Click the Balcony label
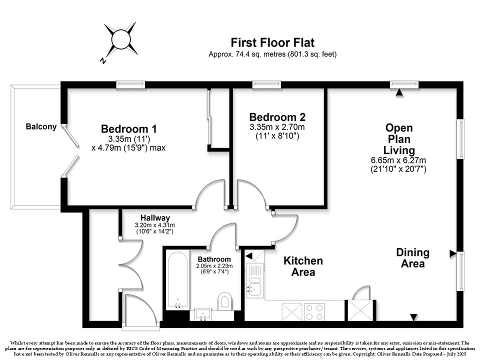point(41,126)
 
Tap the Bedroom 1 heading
point(129,129)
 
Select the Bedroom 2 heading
point(277,117)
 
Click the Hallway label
point(155,218)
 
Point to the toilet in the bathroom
point(225,300)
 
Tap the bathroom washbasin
point(202,314)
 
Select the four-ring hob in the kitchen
point(314,312)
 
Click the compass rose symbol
point(121,39)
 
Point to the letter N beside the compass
point(103,60)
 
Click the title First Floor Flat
point(272,42)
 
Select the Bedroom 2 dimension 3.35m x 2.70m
point(277,127)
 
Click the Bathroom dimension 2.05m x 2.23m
point(214,265)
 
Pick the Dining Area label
point(412,258)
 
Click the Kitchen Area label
point(303,266)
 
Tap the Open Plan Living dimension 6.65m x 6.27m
point(398,160)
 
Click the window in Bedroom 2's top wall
point(266,84)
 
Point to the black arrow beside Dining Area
point(453,253)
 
